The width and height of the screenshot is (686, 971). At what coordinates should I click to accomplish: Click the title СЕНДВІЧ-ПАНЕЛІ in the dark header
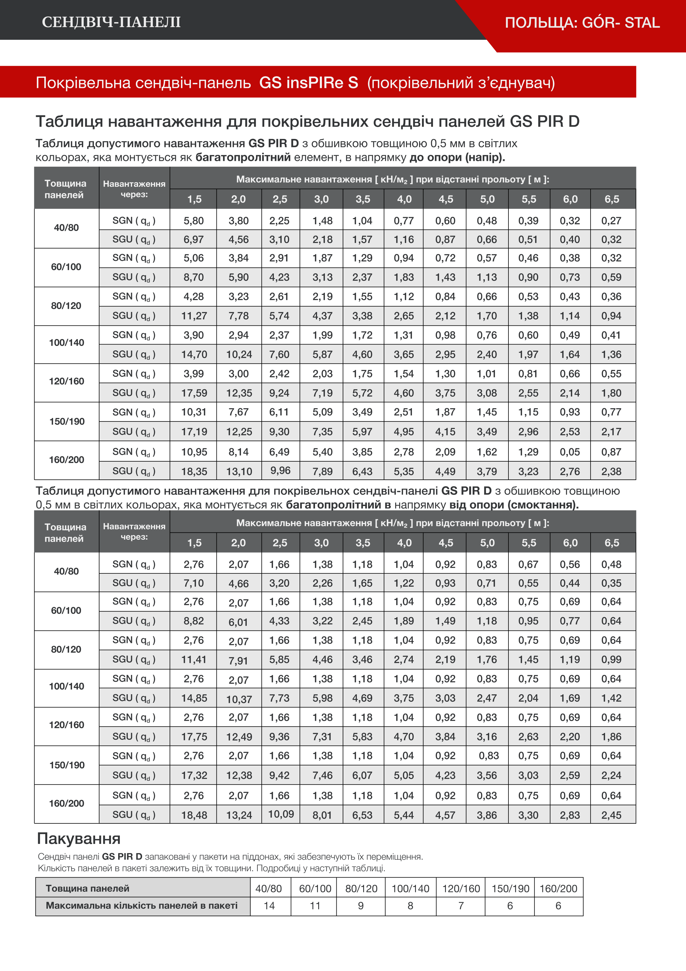tap(111, 22)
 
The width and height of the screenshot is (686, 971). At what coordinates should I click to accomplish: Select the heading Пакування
tap(79, 838)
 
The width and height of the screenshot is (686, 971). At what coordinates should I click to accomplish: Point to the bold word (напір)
tap(485, 158)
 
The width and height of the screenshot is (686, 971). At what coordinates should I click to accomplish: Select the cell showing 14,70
tap(194, 354)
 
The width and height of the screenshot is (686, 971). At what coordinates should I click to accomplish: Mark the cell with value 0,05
tap(570, 452)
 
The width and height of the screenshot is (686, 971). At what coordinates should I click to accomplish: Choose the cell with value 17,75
tap(194, 737)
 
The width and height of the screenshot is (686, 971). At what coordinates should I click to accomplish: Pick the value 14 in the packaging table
tap(269, 906)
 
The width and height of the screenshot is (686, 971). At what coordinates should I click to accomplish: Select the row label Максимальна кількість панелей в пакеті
tap(142, 906)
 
